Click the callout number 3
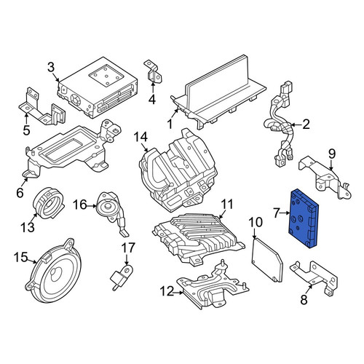[x=51, y=67]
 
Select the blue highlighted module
[x=303, y=218]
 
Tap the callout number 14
[x=141, y=137]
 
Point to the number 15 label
[x=20, y=257]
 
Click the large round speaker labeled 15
[x=55, y=272]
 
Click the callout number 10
[x=256, y=222]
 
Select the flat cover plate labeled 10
[x=267, y=260]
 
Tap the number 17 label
[x=128, y=248]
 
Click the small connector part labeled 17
[x=122, y=277]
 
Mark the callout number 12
[x=167, y=291]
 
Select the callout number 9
[x=332, y=154]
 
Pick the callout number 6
[x=20, y=193]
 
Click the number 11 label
[x=227, y=205]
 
